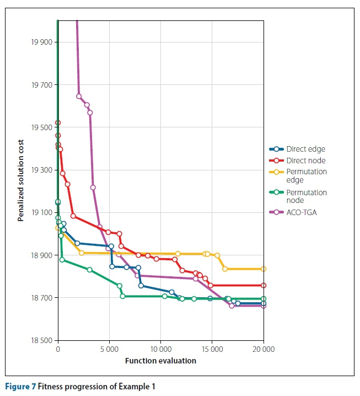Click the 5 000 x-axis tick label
point(109,349)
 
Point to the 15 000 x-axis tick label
point(212,349)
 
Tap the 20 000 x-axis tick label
point(264,349)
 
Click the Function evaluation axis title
point(160,361)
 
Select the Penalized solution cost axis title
point(21,181)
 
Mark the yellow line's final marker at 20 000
point(264,269)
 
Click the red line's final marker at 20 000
point(264,285)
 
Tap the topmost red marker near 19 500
point(58,122)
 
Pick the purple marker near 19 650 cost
point(79,97)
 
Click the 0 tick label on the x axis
point(58,349)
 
